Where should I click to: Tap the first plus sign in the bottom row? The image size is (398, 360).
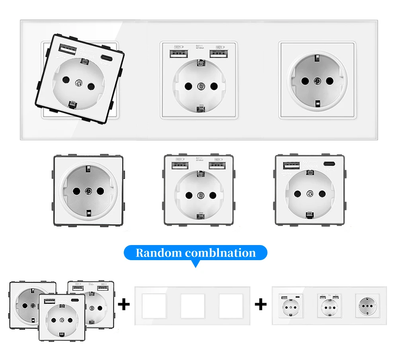pos(124,305)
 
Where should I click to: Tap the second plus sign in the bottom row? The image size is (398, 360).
pos(260,305)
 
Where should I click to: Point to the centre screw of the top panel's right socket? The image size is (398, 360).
pos(317,81)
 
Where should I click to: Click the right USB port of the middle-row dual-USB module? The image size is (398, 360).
pos(217,164)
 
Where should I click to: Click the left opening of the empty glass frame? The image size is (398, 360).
pos(154,306)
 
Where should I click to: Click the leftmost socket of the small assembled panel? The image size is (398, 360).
pos(290,306)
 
